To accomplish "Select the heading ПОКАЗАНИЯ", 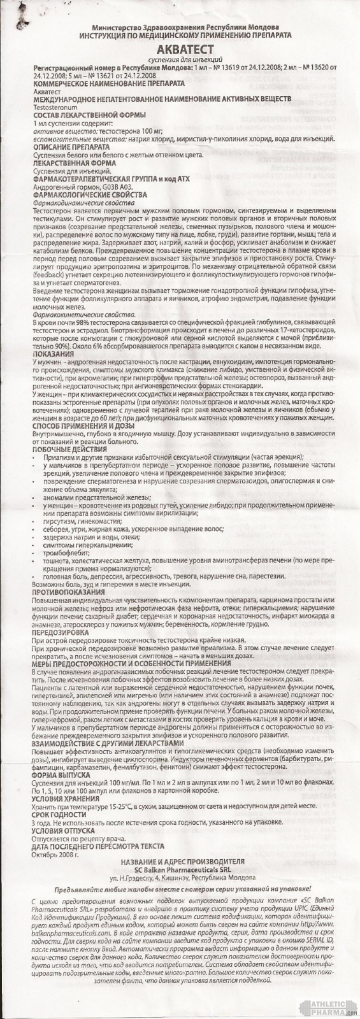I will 54,353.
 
